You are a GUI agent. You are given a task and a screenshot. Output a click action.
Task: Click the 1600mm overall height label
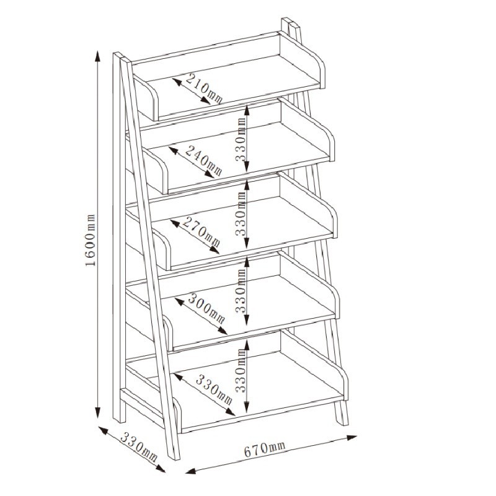click(90, 240)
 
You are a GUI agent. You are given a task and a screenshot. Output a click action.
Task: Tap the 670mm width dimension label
click(265, 449)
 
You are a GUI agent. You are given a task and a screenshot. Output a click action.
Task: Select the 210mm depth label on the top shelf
click(204, 88)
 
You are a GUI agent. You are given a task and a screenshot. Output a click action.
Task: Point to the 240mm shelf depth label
click(203, 161)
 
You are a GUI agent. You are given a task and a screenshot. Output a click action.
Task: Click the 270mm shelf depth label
click(201, 231)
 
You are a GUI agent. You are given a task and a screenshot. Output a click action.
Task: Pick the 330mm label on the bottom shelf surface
click(214, 390)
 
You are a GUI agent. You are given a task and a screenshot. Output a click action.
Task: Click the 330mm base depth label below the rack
click(138, 447)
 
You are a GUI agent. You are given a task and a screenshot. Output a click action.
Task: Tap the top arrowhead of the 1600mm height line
click(98, 56)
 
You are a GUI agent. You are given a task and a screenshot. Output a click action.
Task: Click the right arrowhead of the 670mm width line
click(352, 438)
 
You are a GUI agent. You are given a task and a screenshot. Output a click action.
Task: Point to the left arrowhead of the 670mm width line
click(191, 471)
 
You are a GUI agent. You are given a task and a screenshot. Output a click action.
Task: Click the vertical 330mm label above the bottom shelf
click(241, 370)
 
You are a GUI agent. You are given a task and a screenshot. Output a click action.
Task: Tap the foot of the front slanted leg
click(174, 456)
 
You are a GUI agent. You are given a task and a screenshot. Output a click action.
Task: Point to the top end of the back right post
click(290, 22)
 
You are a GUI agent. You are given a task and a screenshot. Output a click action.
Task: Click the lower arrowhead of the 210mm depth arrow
click(206, 100)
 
